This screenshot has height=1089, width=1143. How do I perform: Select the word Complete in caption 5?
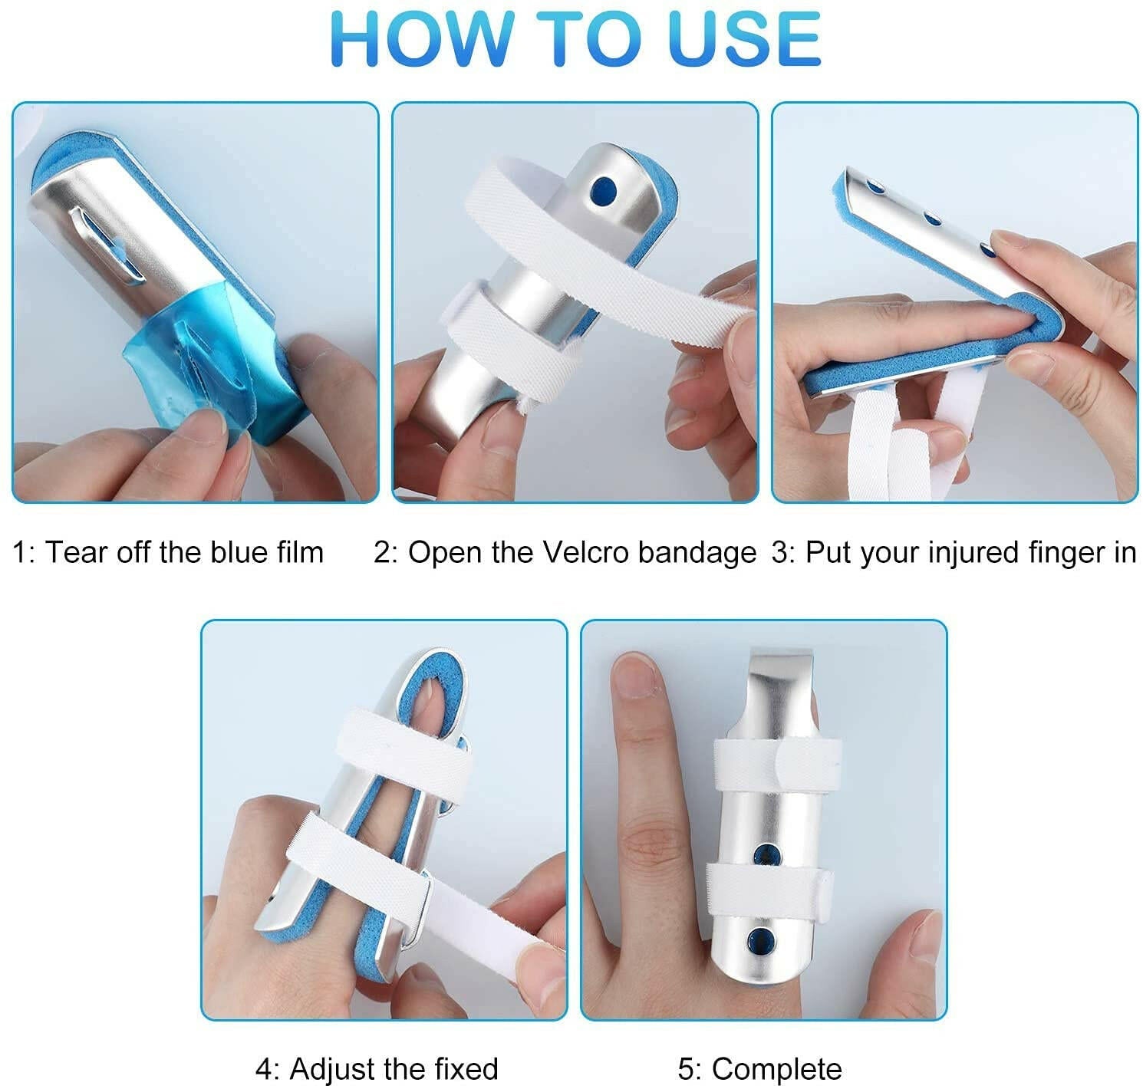[x=776, y=1068]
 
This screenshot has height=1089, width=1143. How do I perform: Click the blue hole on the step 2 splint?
[x=604, y=187]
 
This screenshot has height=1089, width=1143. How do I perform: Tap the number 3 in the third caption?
[x=779, y=552]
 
